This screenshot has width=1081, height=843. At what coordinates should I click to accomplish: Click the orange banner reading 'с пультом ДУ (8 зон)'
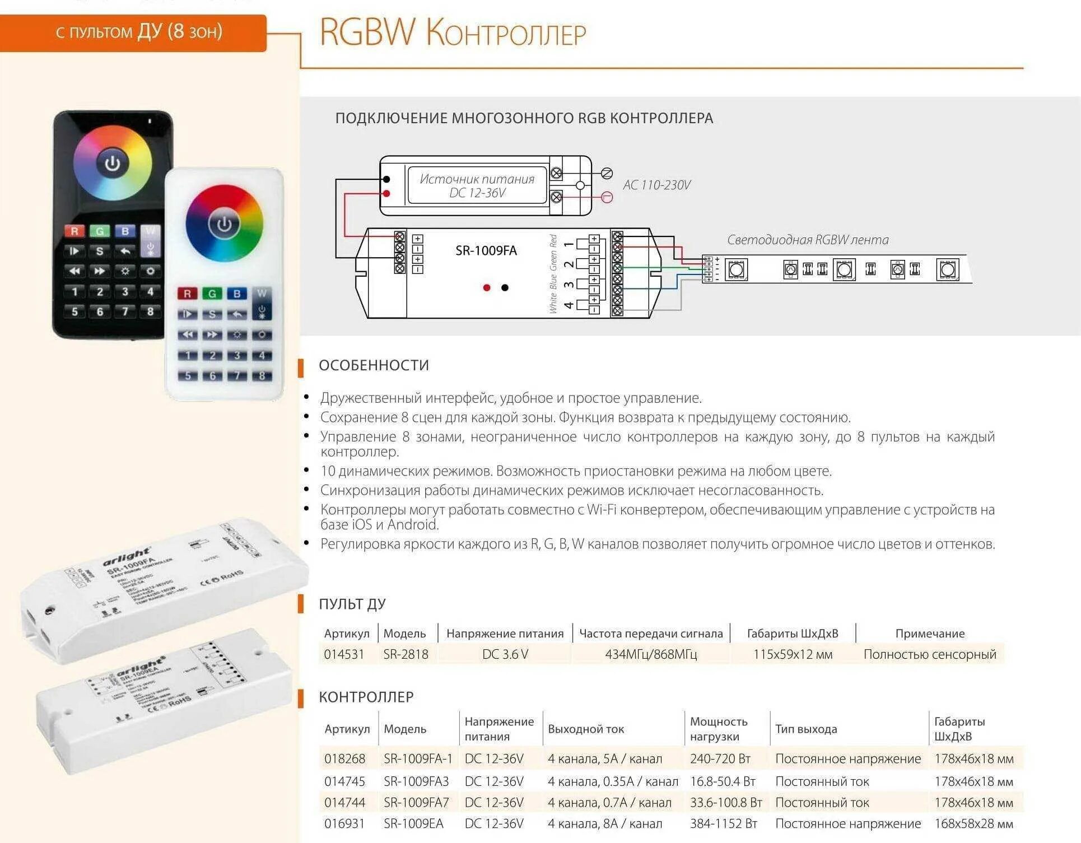(133, 32)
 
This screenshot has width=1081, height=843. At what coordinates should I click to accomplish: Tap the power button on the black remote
(113, 164)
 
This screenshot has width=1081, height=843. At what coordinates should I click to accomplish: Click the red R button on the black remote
(74, 231)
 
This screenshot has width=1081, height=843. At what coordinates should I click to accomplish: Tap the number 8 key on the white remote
(262, 376)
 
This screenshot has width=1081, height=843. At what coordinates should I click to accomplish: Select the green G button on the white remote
(212, 294)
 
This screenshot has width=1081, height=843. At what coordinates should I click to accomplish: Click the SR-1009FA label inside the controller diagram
(486, 251)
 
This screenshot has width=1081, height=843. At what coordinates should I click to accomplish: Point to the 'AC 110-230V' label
(656, 185)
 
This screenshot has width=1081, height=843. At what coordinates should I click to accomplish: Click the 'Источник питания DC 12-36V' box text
(477, 185)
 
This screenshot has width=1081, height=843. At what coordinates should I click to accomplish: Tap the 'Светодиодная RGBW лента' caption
(807, 240)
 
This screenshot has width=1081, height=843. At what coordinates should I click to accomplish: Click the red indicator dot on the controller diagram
(487, 287)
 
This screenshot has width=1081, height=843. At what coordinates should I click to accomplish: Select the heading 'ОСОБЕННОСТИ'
(374, 365)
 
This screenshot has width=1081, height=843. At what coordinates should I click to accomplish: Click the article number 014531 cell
(344, 654)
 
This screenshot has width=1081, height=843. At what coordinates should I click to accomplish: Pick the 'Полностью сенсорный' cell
(930, 654)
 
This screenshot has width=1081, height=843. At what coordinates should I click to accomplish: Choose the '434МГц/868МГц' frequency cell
(651, 654)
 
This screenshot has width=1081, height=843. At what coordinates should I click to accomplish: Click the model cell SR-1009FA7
(416, 803)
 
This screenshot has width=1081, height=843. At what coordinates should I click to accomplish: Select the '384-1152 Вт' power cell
(723, 824)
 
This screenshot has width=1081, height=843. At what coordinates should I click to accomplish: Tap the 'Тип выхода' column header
(806, 729)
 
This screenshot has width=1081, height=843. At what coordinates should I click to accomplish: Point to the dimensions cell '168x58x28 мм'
(973, 824)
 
